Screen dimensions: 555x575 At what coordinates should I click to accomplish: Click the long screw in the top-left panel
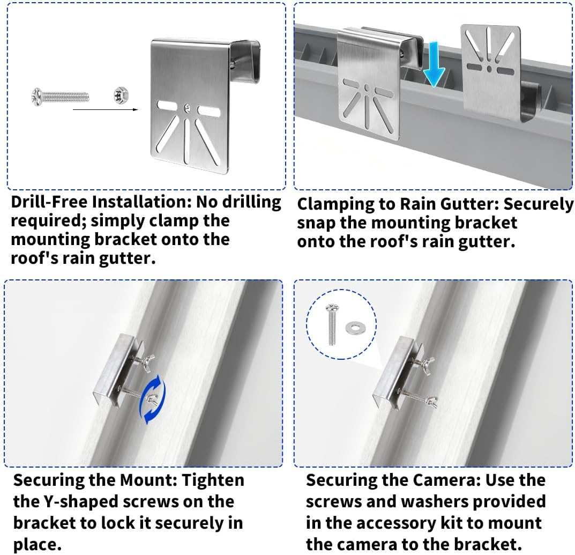pyautogui.click(x=59, y=97)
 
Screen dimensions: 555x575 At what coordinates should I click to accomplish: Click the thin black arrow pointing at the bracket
pyautogui.click(x=105, y=109)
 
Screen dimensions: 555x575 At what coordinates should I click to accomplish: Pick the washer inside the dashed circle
pyautogui.click(x=353, y=326)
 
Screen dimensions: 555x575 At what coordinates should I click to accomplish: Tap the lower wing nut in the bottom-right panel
pyautogui.click(x=431, y=401)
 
